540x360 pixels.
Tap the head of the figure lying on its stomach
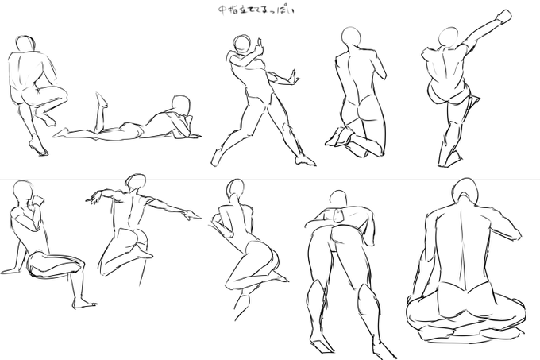tap(182, 105)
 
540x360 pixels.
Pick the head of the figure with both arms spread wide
tap(137, 182)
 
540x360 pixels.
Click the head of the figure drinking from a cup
tap(24, 192)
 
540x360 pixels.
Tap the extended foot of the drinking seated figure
tap(83, 304)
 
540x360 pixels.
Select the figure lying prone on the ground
tap(127, 123)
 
